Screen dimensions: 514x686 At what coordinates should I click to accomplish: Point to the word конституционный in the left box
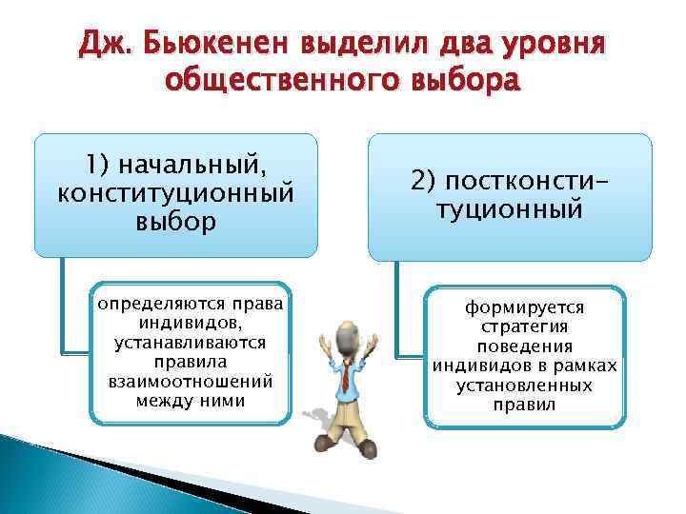coord(175,193)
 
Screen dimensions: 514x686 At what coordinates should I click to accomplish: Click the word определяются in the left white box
coord(158,305)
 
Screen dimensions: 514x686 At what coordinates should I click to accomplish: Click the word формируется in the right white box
coord(525,307)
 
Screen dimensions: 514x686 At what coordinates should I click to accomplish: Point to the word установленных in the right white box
coord(525,385)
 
